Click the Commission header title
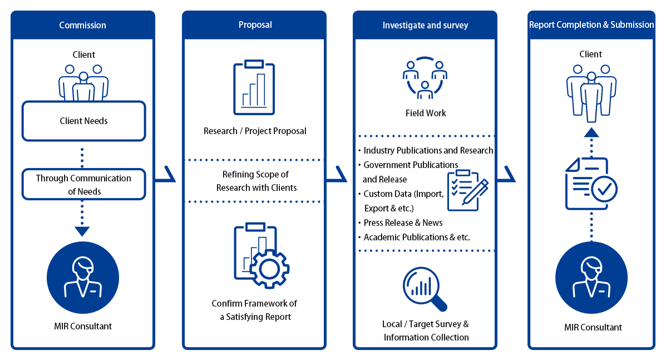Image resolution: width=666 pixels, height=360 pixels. tap(82, 25)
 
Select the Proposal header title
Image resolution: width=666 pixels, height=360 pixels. tap(255, 24)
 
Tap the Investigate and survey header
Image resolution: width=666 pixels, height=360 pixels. tap(425, 25)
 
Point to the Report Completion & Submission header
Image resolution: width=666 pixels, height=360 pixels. tap(591, 24)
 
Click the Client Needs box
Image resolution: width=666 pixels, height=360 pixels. tap(83, 121)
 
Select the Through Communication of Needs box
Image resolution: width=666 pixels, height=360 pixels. tap(83, 184)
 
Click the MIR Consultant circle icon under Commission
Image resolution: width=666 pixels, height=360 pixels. tap(83, 278)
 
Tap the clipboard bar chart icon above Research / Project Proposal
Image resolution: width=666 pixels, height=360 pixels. tap(254, 87)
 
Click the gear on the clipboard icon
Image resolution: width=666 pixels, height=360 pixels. tap(269, 269)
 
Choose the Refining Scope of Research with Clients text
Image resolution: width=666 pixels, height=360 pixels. tap(256, 181)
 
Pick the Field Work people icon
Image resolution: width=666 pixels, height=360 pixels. tap(425, 78)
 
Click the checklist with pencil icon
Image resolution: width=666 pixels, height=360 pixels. tap(467, 190)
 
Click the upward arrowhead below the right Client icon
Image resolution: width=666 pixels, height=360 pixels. tap(591, 132)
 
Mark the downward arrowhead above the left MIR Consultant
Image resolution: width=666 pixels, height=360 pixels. tap(82, 231)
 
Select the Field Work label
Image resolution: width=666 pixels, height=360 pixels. tap(426, 113)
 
